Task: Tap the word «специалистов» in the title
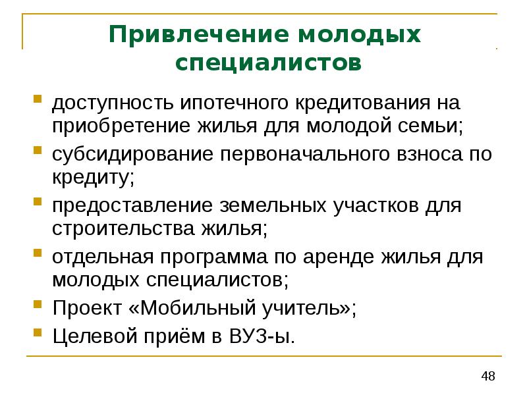(x=269, y=64)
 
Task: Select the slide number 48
(x=488, y=377)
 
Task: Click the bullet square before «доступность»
(x=39, y=101)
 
